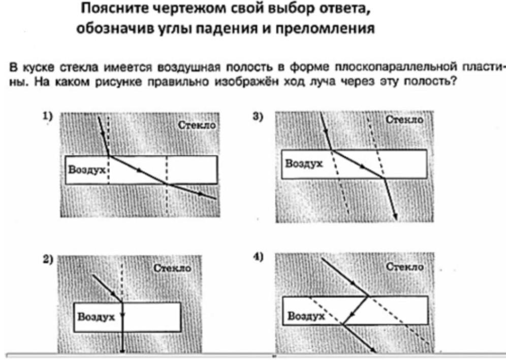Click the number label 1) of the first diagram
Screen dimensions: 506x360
tap(48, 116)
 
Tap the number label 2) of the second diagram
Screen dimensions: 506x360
tap(48, 259)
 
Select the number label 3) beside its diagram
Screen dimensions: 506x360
tap(258, 116)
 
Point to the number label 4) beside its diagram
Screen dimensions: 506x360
tap(258, 257)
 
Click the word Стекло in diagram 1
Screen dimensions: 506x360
tap(197, 125)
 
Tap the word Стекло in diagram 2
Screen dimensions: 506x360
tap(172, 268)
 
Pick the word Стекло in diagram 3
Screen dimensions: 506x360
tap(405, 120)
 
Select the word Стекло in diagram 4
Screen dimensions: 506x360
tap(405, 267)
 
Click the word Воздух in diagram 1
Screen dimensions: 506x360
tap(87, 170)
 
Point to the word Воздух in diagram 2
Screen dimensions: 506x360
tap(96, 317)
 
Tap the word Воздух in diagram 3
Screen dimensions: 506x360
tap(304, 164)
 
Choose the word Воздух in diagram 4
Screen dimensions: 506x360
tap(306, 316)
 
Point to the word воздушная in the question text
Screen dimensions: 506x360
tap(189, 67)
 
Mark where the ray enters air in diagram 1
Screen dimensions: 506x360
tap(109, 156)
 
